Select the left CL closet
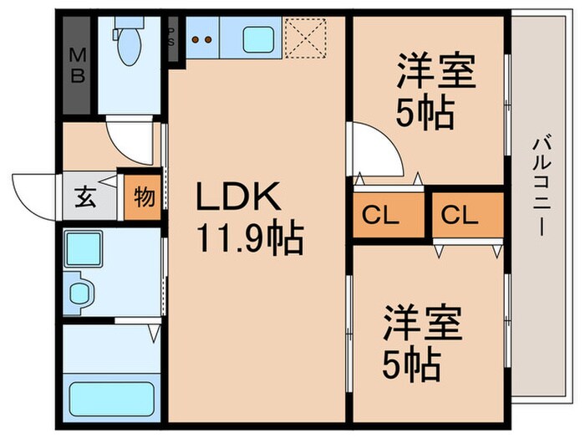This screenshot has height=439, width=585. (x=381, y=215)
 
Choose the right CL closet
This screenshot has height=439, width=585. (x=460, y=215)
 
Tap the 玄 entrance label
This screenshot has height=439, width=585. (x=86, y=199)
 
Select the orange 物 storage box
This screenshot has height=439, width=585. (x=143, y=199)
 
